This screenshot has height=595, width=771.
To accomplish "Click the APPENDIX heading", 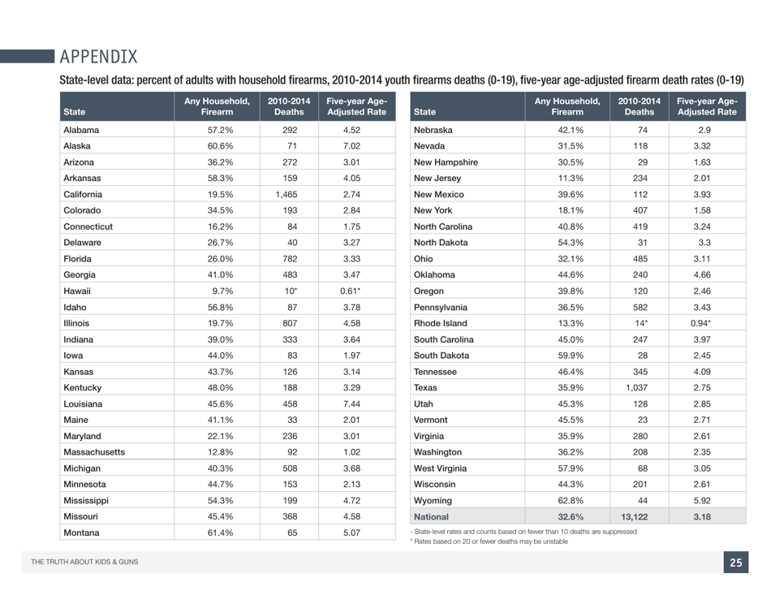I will point(98,56).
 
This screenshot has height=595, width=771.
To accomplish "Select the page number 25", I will point(735,563).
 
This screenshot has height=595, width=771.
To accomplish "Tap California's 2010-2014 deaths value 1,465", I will point(288,194).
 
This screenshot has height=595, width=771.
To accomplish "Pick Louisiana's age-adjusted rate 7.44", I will point(351,403).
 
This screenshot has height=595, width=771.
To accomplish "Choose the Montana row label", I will point(82,532).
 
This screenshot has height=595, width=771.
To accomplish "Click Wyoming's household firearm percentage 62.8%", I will point(567,500).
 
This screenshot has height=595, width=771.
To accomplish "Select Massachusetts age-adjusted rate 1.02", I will point(351,452).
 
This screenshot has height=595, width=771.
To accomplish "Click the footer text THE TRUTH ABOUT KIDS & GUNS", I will point(84,563).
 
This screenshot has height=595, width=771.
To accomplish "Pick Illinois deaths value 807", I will point(288,323).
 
